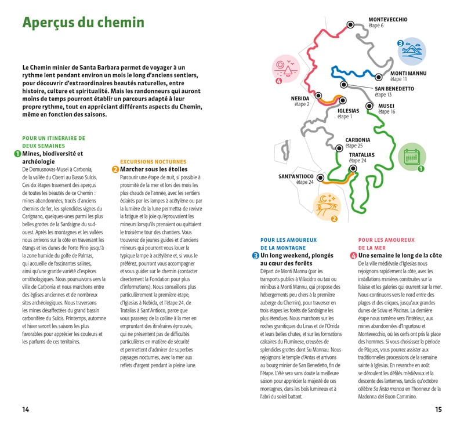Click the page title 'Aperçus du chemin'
[83, 23]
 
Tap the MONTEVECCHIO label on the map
[388, 19]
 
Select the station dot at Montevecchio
[350, 24]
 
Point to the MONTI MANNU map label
[408, 73]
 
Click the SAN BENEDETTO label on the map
[394, 89]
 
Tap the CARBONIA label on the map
[358, 140]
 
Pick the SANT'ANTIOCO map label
[296, 176]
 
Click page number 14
[26, 409]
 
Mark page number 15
[438, 409]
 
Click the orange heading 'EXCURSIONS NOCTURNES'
[153, 162]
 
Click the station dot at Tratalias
[352, 168]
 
